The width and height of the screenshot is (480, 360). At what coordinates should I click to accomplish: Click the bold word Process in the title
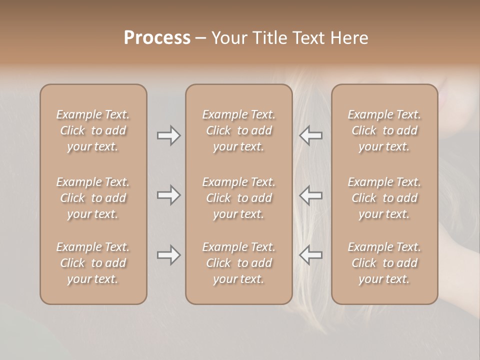pos(157,38)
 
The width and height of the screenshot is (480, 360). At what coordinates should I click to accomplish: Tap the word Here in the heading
pos(350,38)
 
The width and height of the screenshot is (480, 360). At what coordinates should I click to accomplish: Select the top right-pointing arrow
pos(168,135)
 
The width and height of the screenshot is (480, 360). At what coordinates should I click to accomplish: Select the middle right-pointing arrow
pos(168,195)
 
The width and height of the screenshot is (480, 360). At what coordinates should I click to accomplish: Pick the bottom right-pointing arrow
pos(168,255)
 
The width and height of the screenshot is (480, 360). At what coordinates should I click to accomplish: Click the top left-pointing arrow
pos(311,135)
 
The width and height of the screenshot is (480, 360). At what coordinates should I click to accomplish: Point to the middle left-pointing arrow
pos(311,195)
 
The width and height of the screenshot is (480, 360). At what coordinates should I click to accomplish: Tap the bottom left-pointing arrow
pos(311,255)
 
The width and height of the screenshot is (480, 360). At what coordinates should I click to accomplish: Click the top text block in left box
pos(93,130)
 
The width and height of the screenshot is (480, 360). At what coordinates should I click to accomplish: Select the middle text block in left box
pos(93,198)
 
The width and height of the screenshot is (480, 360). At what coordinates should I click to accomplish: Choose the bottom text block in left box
pos(93,263)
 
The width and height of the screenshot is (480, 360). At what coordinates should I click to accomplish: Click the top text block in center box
pos(239,130)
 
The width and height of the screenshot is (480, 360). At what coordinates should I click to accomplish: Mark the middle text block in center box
pos(239,198)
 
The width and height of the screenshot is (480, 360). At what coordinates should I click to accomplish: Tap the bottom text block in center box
pos(239,263)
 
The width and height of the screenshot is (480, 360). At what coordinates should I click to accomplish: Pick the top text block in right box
pos(384,130)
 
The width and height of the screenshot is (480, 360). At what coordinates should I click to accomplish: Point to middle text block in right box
pos(384,198)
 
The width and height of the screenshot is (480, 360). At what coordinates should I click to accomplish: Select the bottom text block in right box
pos(384,263)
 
